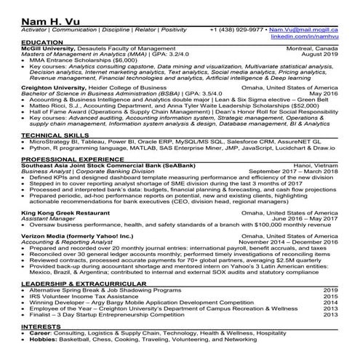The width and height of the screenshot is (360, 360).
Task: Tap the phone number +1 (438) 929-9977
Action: [x=235, y=31]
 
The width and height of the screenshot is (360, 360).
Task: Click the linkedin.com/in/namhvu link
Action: [x=305, y=36]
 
